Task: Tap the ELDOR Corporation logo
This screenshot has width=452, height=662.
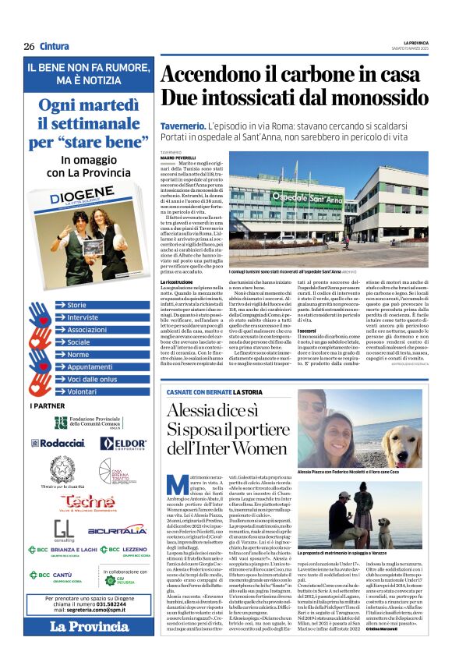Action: click(x=123, y=443)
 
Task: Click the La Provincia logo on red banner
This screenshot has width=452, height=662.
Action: click(x=79, y=626)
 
